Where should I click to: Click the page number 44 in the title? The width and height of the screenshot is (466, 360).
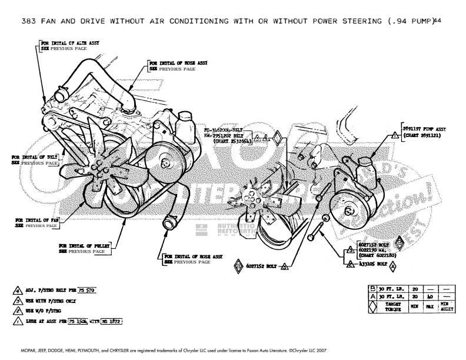coord(436,22)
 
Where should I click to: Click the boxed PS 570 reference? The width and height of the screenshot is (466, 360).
coord(86,291)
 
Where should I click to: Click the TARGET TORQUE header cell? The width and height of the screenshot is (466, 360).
coord(387,306)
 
